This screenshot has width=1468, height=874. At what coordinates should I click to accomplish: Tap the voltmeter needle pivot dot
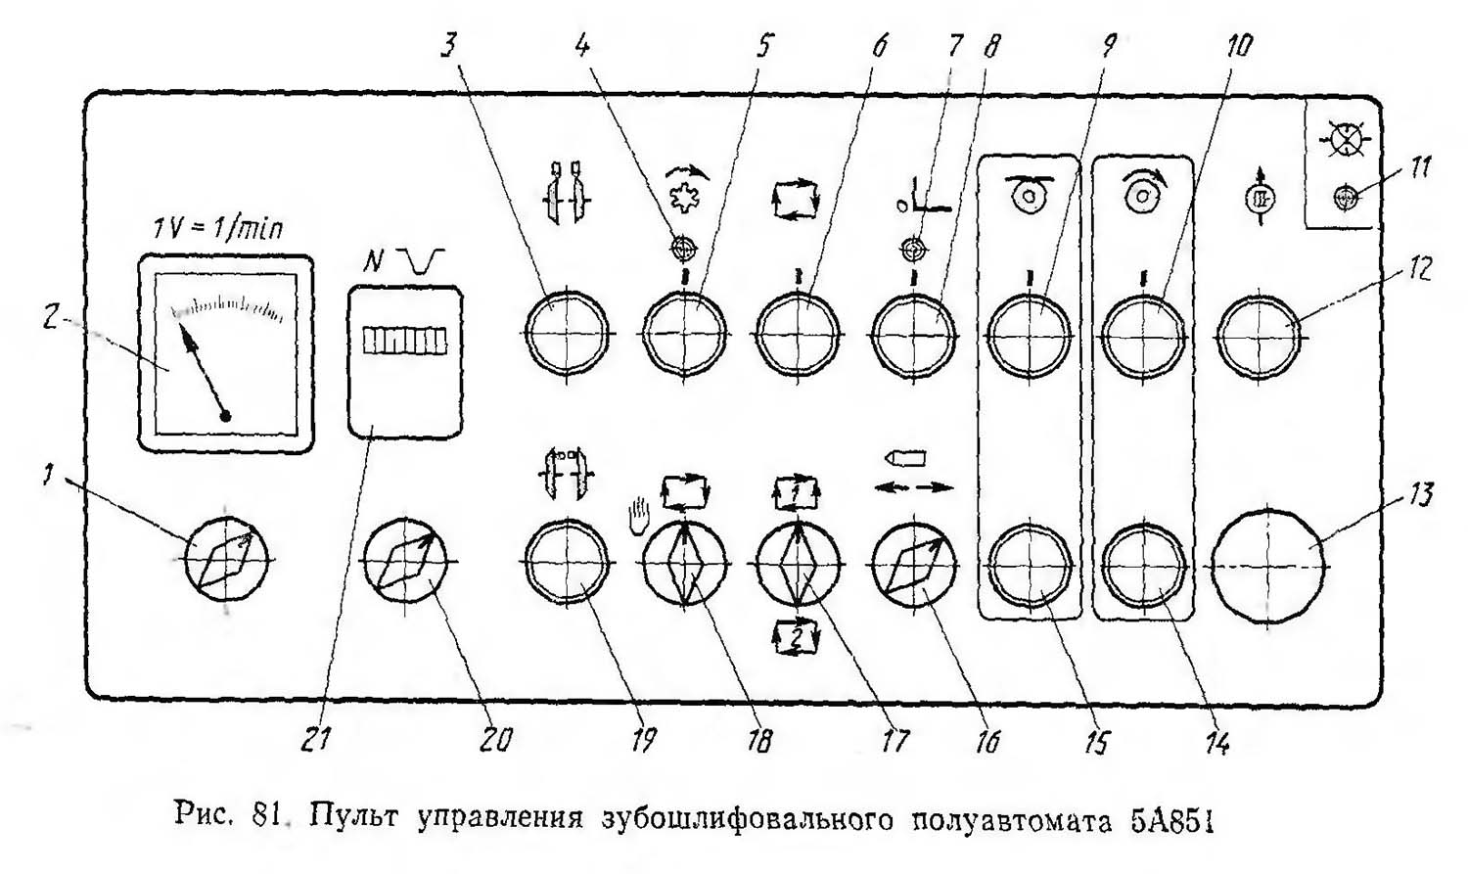[225, 417]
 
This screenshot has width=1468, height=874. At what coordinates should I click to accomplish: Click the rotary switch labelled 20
[405, 561]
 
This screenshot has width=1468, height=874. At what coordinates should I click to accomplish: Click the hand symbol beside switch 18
[637, 512]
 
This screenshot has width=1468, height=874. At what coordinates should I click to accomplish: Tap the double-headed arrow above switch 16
[913, 486]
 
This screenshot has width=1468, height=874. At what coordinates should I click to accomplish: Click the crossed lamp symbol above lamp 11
[1343, 139]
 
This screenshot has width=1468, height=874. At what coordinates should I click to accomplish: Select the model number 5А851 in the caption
[1172, 816]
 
